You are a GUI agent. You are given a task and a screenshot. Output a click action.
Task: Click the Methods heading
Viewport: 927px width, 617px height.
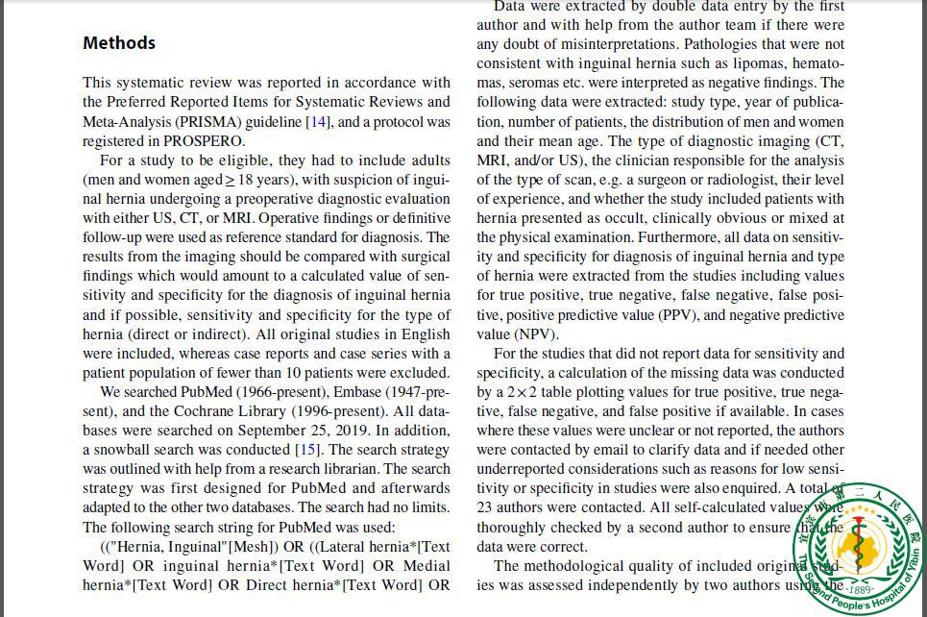119,43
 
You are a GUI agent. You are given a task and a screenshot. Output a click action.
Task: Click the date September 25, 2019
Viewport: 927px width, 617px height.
309,431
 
